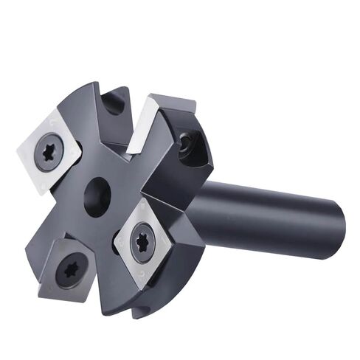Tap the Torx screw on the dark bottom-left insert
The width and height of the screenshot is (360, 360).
point(71,270)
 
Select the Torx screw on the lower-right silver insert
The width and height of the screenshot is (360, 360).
point(142,241)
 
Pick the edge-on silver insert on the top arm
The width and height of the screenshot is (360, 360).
point(142,126)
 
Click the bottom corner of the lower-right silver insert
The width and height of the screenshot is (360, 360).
point(137,288)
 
